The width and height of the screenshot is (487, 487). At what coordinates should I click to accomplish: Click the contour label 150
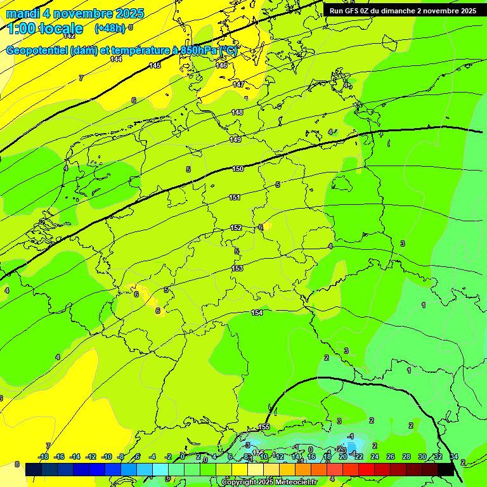238,169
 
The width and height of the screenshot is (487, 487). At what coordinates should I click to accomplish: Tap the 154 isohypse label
257,313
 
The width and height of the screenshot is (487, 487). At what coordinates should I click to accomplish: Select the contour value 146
221,65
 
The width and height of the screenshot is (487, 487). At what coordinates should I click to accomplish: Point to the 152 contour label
236,228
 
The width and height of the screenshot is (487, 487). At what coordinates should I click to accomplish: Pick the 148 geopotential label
237,112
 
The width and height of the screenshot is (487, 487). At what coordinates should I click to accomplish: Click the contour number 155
264,427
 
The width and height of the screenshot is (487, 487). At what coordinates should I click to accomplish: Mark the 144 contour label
116,59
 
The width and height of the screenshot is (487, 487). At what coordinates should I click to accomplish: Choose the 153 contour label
237,268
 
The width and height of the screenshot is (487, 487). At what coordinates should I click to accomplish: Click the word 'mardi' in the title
22,13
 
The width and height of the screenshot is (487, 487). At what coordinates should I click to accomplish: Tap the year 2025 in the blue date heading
126,13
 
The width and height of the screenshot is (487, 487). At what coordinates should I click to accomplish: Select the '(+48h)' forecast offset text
110,29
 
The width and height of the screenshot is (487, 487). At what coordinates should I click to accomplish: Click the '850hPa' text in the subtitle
198,51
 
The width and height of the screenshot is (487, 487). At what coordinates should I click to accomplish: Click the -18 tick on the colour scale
44,457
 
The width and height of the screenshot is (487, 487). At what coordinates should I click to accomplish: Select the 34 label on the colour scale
454,457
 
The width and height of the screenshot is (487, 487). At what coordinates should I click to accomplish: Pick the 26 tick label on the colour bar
391,457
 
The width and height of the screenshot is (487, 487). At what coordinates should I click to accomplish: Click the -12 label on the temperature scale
91,457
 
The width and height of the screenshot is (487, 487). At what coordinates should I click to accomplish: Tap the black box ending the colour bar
446,469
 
